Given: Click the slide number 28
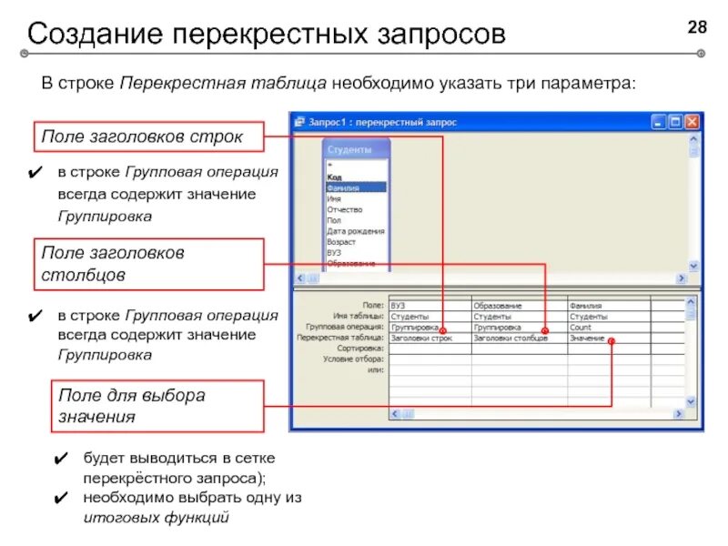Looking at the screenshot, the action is coord(696,28).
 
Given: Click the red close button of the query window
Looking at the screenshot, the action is coord(693,121).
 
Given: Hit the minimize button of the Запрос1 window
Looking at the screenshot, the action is coord(658,121).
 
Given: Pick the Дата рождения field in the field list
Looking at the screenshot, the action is coord(352,231).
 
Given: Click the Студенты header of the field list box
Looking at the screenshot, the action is coord(355,148).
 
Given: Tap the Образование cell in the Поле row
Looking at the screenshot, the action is coord(498,306).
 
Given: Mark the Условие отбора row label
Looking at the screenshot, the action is coord(353,359).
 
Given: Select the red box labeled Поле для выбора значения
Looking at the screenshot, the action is coord(149,406).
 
